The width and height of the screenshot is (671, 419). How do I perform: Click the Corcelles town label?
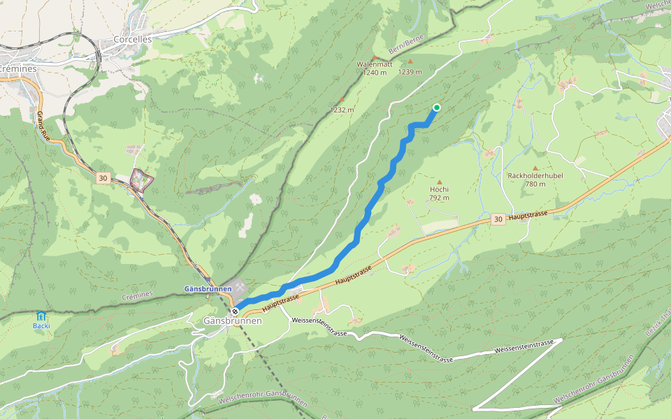133,40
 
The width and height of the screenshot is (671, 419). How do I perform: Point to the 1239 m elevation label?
410,71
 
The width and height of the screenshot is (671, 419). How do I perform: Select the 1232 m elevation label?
342,110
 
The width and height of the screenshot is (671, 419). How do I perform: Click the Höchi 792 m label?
439,193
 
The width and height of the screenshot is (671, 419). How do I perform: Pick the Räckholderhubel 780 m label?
536,179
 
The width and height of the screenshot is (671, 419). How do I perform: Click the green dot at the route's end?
437,107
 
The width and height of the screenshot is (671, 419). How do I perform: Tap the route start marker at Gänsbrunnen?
236,311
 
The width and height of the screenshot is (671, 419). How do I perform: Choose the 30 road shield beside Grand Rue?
103,179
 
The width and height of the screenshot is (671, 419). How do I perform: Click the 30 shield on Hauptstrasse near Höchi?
497,219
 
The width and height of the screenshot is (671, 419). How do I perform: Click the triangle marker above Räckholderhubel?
535,168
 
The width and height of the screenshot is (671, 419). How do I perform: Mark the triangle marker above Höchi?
440,182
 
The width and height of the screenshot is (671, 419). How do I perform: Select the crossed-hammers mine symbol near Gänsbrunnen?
241,286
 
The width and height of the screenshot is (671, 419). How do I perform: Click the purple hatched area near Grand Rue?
142,180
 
